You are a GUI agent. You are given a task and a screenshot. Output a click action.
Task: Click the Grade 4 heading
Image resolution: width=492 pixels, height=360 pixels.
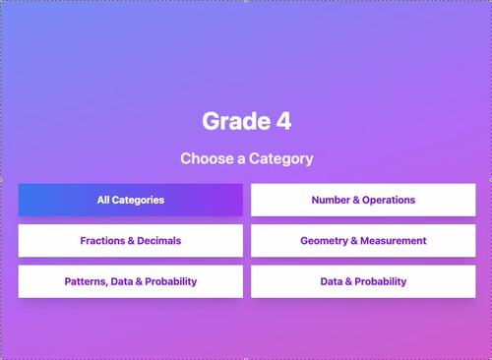(246, 121)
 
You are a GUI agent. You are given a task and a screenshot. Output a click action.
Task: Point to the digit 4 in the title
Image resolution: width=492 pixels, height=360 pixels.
(282, 121)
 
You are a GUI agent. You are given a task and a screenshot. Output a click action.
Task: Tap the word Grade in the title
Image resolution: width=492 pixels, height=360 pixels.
(234, 121)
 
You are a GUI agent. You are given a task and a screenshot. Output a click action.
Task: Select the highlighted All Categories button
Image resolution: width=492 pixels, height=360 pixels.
(130, 200)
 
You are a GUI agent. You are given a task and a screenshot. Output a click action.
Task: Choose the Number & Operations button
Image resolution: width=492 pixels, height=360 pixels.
(363, 200)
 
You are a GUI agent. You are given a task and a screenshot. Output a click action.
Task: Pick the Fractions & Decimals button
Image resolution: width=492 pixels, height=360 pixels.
(130, 240)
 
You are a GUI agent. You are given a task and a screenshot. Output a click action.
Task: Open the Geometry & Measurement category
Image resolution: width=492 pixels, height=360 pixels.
(363, 240)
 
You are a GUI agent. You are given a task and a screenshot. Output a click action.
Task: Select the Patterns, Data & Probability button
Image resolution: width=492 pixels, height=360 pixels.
(130, 281)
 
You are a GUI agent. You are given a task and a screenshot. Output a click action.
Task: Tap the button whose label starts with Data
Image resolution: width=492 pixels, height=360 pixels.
(363, 281)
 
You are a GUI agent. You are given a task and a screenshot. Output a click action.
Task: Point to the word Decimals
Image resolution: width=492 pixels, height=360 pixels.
(160, 240)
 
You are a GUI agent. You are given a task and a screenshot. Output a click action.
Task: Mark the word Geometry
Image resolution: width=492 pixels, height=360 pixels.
(326, 240)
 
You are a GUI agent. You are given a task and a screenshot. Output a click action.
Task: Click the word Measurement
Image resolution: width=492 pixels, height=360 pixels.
(395, 240)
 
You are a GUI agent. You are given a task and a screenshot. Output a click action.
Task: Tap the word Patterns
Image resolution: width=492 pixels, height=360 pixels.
(87, 281)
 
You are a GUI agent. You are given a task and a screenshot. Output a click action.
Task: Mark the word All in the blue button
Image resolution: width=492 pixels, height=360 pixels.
(102, 200)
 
